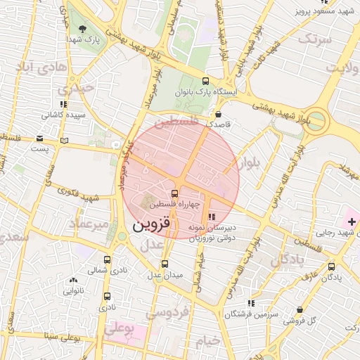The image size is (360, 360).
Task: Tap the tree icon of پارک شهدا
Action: [83, 29]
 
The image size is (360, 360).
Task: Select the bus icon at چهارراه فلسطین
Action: [174, 193]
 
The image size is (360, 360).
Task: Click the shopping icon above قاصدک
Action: [218, 113]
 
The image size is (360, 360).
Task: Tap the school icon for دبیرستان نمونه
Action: [212, 217]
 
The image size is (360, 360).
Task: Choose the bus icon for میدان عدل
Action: [165, 264]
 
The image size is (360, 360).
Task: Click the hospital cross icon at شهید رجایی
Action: [352, 222]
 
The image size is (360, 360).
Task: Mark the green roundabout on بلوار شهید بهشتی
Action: [317, 120]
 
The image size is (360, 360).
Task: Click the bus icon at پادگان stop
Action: [331, 266]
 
